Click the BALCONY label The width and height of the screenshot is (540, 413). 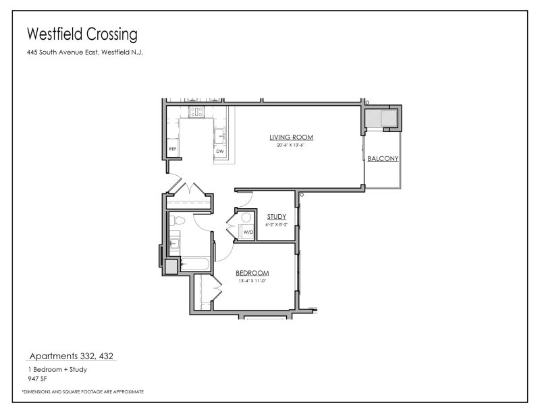[383, 160]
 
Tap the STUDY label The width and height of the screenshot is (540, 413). [277, 217]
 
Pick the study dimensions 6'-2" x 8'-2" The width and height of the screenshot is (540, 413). [277, 224]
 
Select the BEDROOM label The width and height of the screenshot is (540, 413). [252, 273]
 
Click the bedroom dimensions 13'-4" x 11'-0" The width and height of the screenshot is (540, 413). [252, 280]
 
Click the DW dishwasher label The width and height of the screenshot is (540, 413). [219, 152]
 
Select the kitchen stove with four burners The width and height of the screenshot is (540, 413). [196, 111]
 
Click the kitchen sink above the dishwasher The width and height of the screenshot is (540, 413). [220, 135]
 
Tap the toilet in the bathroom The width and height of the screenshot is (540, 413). [177, 220]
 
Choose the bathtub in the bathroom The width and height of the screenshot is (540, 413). [196, 265]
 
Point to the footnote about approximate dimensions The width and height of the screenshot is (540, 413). [83, 391]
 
